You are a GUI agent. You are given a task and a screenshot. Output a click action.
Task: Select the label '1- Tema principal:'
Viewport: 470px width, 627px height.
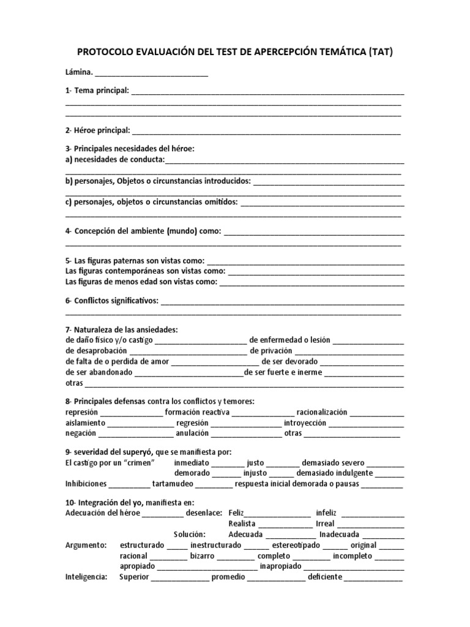(x=97, y=91)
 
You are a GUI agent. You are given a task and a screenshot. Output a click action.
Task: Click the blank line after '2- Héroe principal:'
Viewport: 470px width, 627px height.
(x=266, y=131)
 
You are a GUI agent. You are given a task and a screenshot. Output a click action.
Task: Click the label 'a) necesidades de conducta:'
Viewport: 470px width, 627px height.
(x=115, y=160)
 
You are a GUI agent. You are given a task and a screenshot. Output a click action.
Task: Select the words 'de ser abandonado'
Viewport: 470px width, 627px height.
(x=99, y=373)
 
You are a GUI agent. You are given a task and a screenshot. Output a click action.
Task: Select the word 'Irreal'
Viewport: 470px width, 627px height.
(x=325, y=524)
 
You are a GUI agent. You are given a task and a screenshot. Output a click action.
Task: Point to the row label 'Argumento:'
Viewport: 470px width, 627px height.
(x=86, y=545)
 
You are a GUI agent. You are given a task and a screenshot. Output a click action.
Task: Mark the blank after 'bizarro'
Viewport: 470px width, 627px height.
(x=236, y=556)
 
